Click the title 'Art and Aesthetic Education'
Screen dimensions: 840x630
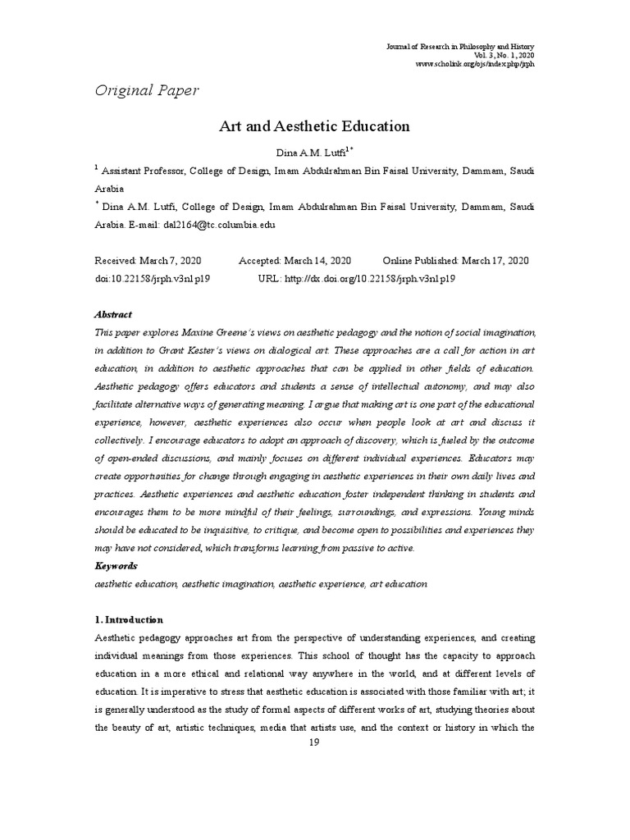pyautogui.click(x=313, y=126)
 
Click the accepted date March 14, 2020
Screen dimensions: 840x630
pyautogui.click(x=313, y=261)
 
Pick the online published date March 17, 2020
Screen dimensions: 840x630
pyautogui.click(x=495, y=261)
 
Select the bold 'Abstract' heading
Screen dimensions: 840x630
pyautogui.click(x=113, y=314)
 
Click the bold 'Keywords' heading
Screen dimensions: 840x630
pyautogui.click(x=116, y=566)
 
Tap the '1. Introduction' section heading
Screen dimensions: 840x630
pyautogui.click(x=130, y=619)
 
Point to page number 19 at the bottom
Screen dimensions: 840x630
pyautogui.click(x=313, y=743)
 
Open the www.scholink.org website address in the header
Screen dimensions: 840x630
pyautogui.click(x=475, y=64)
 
